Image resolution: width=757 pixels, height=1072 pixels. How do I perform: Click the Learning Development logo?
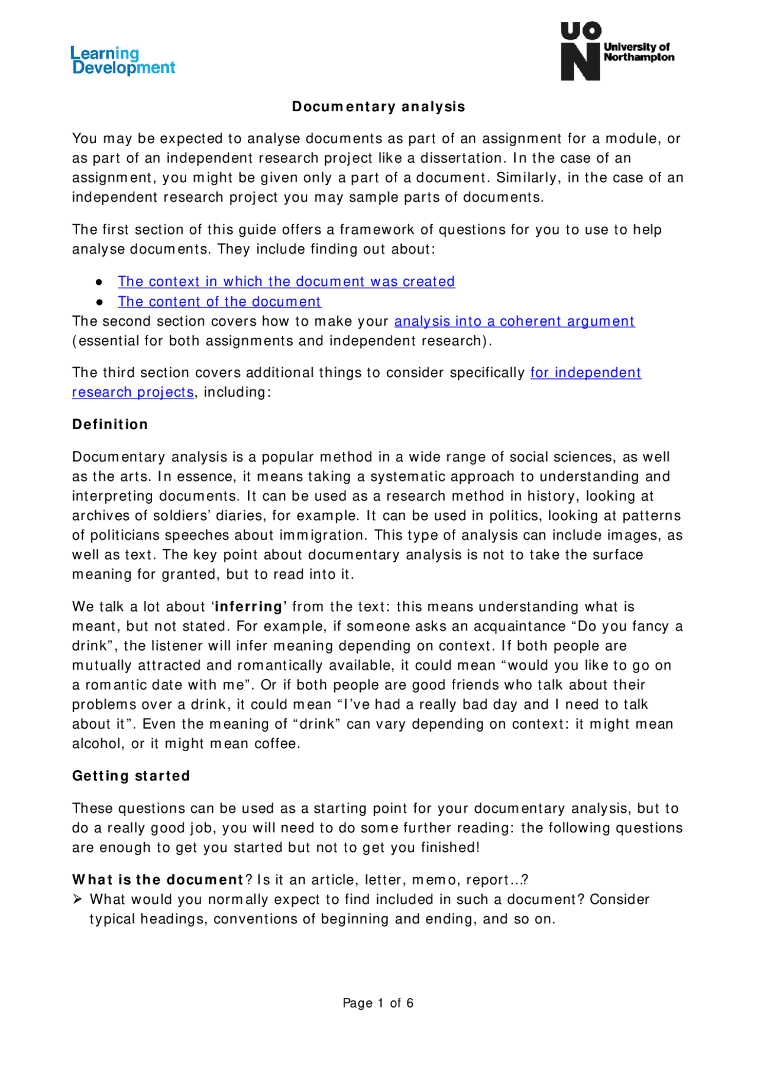point(123,60)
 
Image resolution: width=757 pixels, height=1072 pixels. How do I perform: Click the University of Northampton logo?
point(617,51)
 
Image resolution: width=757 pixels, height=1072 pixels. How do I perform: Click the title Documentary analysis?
point(378,107)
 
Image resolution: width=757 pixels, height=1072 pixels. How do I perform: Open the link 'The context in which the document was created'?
point(286,281)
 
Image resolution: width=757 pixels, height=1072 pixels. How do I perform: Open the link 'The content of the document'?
point(219,301)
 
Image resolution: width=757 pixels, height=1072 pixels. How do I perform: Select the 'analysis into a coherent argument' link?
point(514,321)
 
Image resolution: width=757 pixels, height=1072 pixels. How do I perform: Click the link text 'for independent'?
point(585,372)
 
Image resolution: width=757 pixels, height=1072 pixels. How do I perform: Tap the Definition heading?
point(110,424)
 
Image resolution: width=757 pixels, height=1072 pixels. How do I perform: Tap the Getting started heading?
point(131,776)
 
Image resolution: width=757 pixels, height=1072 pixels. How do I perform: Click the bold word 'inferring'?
point(249,607)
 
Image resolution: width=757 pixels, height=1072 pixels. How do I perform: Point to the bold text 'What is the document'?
point(158,880)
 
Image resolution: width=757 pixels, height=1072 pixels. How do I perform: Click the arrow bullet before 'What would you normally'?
point(77,900)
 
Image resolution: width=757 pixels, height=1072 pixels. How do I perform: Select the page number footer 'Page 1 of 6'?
point(378,1003)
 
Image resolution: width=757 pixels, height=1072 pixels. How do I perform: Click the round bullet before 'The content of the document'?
point(99,302)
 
